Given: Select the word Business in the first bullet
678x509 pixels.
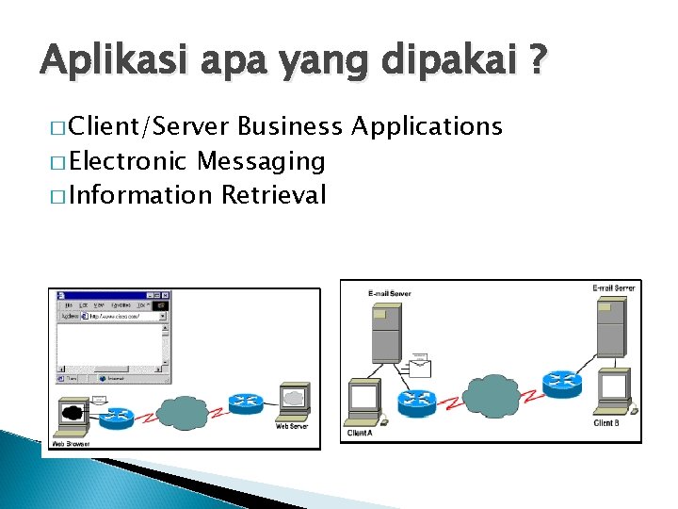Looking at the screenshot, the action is [289, 126].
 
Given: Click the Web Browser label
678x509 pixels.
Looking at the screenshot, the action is [72, 442].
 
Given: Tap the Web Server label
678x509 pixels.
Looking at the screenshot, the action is [292, 426].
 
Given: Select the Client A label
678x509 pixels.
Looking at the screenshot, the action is [360, 433].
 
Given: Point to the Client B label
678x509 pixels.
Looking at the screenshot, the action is [606, 423].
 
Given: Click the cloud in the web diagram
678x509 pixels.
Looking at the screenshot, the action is [183, 410].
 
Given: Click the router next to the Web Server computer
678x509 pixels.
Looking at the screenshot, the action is [244, 403].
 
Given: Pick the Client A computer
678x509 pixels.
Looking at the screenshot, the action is [363, 401].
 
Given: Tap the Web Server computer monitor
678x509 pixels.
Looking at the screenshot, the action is [294, 399].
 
